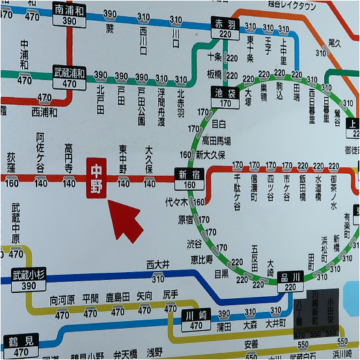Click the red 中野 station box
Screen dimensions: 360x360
[96, 177]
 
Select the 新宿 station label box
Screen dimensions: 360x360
[189, 177]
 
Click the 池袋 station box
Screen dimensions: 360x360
[225, 98]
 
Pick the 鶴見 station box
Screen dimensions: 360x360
[20, 346]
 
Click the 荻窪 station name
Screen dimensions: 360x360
[11, 162]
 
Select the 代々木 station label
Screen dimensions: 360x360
[177, 202]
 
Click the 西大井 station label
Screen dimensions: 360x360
[158, 264]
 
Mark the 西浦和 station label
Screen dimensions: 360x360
[44, 112]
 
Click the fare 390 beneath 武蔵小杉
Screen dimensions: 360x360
[29, 286]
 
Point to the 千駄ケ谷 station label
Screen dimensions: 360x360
[238, 191]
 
